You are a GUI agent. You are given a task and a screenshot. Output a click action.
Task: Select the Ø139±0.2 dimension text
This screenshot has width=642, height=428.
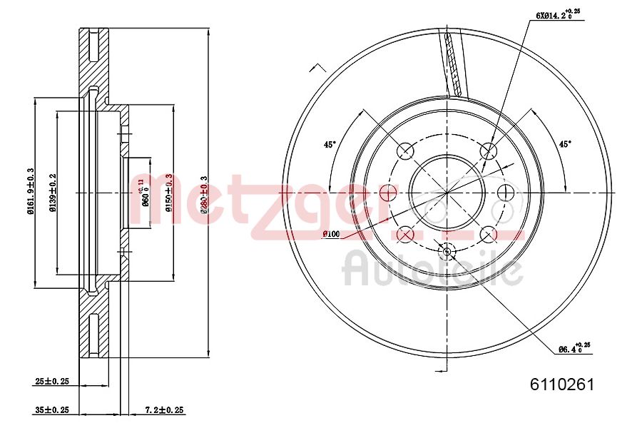point(52,193)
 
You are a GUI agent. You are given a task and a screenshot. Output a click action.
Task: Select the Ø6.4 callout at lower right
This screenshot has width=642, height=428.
point(572,349)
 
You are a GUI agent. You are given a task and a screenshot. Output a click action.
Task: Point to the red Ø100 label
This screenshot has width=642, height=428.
point(331,233)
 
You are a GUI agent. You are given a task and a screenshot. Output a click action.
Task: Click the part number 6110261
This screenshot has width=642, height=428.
point(561,384)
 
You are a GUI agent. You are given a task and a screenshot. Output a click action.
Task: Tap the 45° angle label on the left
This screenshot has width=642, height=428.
point(330,144)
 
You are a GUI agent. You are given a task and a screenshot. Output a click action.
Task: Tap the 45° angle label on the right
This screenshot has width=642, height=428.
point(565,144)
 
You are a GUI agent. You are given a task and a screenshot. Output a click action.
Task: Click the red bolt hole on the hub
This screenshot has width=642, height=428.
point(388,193)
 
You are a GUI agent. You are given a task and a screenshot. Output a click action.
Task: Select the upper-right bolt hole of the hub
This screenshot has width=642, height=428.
point(489,151)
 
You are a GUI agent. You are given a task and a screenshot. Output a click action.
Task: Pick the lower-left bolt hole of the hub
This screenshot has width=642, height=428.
point(405,234)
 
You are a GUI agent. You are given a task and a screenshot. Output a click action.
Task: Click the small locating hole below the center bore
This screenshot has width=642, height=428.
point(447,251)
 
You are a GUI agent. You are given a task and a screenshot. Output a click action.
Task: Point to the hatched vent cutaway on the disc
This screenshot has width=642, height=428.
point(453,64)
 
